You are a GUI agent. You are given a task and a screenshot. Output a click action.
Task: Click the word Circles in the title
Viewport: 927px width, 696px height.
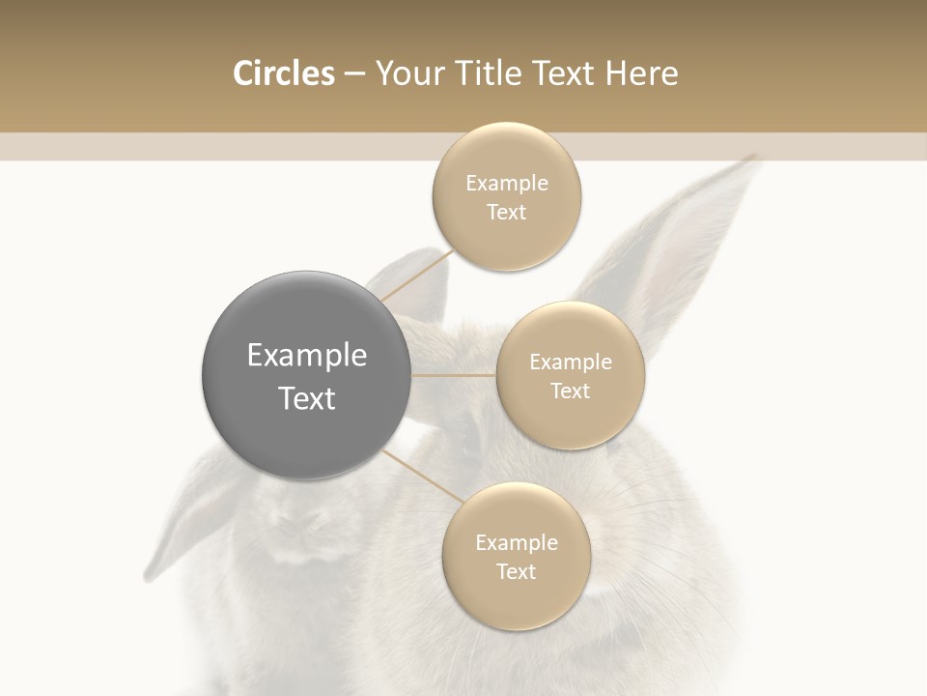(283, 73)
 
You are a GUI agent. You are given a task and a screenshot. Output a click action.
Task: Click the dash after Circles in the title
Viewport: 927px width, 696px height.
(353, 74)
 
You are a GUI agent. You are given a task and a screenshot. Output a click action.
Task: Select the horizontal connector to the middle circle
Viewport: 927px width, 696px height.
(453, 375)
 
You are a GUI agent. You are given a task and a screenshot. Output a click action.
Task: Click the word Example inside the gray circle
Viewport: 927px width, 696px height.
(307, 356)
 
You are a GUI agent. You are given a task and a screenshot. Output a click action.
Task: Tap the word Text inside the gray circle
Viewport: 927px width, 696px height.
(307, 398)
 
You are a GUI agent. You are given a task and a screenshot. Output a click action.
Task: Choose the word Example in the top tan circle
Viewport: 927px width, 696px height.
(507, 184)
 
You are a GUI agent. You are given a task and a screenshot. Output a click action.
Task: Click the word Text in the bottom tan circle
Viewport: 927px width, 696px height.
(516, 571)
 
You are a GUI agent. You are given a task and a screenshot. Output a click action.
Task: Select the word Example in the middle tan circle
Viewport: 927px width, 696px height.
(571, 362)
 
